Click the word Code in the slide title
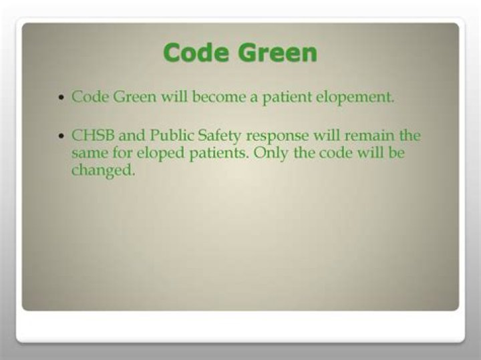(196, 52)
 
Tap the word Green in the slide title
(276, 52)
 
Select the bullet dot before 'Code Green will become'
(61, 98)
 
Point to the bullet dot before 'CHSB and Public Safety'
(61, 136)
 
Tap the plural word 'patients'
(210, 153)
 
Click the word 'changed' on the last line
(103, 170)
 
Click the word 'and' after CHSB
(130, 136)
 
